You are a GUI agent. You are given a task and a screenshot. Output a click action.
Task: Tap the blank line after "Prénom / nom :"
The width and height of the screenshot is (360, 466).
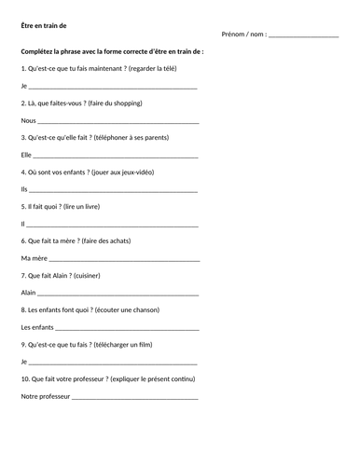click(302, 36)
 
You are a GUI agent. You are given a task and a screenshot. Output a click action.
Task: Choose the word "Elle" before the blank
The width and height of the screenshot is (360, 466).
click(26, 155)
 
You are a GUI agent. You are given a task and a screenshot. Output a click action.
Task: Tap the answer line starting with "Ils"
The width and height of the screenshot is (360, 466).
click(113, 191)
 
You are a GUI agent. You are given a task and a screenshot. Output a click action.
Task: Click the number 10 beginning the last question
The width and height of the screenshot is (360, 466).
click(24, 378)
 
